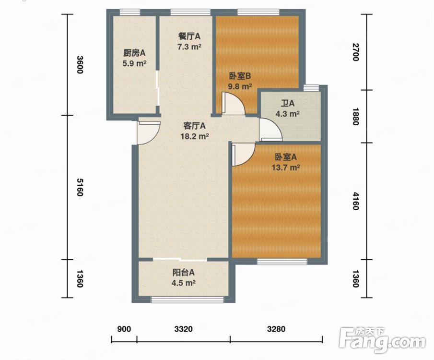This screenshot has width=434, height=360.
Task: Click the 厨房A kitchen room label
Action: coord(135,53)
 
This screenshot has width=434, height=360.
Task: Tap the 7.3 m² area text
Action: coord(189,47)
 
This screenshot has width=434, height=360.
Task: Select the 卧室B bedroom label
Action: coord(240,76)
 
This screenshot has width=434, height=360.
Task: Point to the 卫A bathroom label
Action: coord(288,103)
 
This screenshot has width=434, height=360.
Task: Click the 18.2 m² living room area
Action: coord(195,136)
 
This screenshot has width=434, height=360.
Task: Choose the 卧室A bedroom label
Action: coord(286,157)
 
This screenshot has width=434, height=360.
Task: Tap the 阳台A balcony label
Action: coord(184,273)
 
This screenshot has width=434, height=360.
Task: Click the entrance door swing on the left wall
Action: coord(149,133)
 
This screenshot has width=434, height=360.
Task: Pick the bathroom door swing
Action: coord(270,130)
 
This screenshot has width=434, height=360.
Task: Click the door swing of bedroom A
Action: coord(243,155)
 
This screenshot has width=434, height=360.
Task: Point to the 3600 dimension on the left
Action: coord(80,65)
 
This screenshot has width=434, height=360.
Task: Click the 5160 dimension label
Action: coord(80,187)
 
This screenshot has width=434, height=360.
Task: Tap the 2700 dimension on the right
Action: coord(356,52)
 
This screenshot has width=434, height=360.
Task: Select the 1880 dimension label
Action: coord(356,116)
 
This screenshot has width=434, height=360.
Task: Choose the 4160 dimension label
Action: coord(356,201)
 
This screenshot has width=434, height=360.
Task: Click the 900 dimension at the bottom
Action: coord(124,329)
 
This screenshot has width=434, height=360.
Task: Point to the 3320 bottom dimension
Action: coord(184,329)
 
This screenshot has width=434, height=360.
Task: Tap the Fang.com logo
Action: coord(382,340)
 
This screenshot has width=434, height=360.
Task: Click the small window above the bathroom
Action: coord(311,88)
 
